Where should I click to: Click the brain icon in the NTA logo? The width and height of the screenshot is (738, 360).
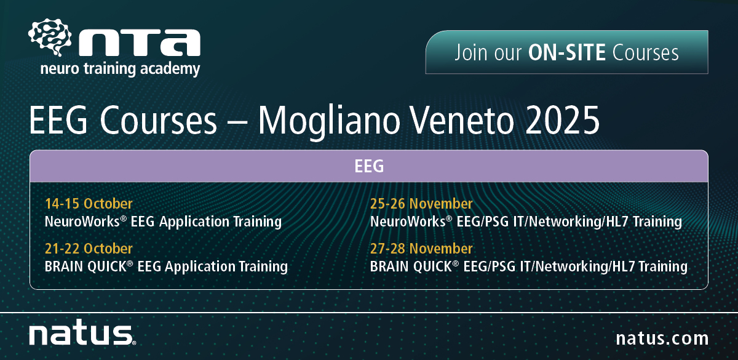click(x=50, y=37)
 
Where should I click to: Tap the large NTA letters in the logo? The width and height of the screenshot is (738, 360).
click(x=140, y=42)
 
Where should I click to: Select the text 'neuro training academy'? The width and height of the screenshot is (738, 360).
click(x=120, y=69)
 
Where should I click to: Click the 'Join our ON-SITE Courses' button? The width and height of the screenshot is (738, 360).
click(x=566, y=52)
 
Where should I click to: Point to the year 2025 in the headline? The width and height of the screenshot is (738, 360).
click(x=562, y=121)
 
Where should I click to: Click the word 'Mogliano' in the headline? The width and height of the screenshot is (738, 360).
click(x=328, y=122)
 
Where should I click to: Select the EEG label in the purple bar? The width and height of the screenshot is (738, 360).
click(x=369, y=166)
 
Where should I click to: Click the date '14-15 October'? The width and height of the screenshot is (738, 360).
click(x=89, y=204)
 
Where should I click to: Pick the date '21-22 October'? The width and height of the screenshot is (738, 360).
click(x=89, y=249)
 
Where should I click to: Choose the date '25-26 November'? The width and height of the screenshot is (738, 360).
click(x=421, y=204)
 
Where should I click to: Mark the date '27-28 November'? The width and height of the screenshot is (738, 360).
click(x=421, y=249)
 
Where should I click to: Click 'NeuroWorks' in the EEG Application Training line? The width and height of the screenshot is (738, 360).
click(x=82, y=222)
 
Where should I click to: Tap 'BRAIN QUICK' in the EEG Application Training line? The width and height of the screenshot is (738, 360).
click(x=85, y=266)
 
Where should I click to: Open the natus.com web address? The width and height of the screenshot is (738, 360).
click(x=662, y=338)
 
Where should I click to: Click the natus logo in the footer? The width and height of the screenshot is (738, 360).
click(x=82, y=332)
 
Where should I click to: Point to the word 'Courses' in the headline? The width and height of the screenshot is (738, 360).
click(x=158, y=121)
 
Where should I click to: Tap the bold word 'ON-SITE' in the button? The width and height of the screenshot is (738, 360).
click(x=566, y=53)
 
